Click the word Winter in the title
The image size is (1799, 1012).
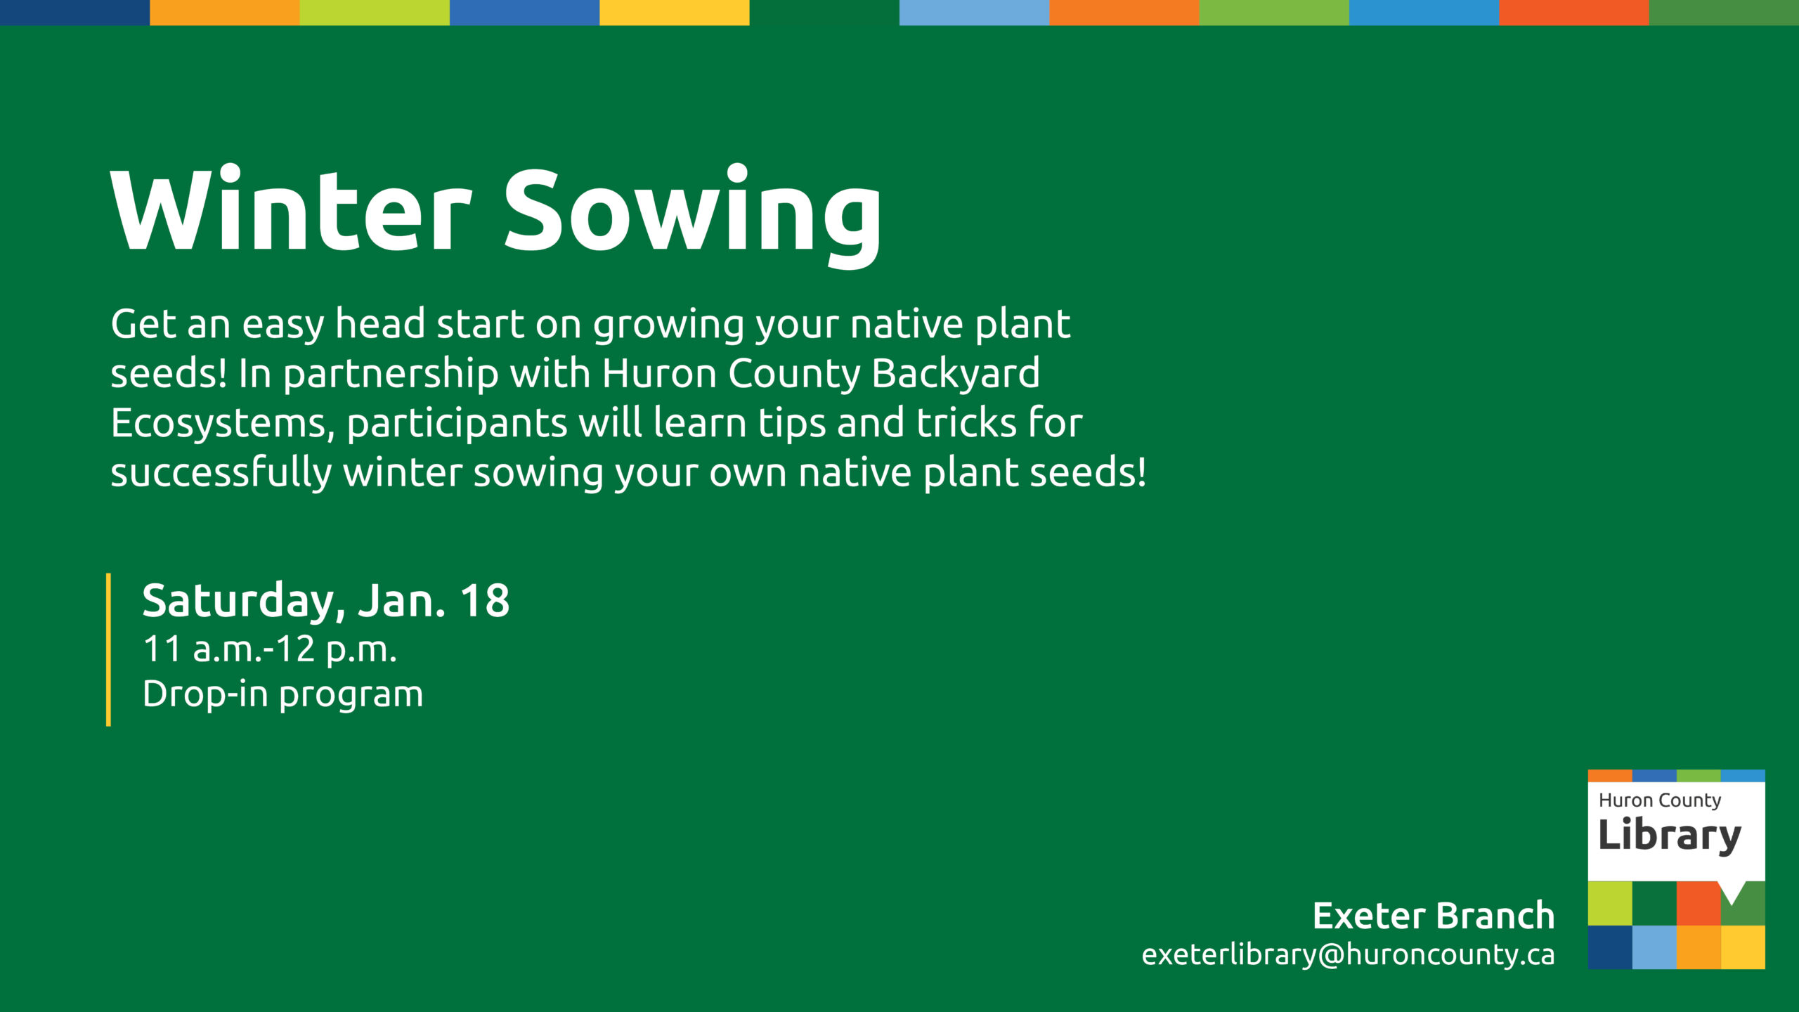(290, 209)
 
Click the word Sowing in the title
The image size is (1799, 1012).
(693, 216)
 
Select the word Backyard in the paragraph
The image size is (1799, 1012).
(956, 375)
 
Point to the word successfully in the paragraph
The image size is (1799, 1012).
(221, 472)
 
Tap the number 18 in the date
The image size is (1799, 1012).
(485, 601)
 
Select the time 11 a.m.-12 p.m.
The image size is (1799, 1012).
(270, 649)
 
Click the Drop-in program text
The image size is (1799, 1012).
(282, 694)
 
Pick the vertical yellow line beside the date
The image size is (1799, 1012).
(108, 649)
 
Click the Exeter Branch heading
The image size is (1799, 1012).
(1434, 916)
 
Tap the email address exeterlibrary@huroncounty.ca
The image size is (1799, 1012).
(1348, 954)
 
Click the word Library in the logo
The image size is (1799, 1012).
(1670, 836)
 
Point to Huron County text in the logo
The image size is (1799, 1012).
(1660, 800)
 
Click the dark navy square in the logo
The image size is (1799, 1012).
(1610, 947)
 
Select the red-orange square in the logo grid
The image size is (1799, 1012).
(1699, 904)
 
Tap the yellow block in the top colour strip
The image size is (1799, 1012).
(675, 13)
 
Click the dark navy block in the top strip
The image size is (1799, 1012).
(74, 13)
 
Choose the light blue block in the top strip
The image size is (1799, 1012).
(975, 13)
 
